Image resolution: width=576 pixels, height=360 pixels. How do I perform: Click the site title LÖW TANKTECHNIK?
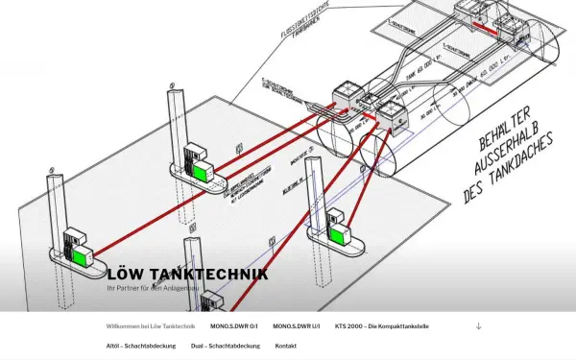click(188, 275)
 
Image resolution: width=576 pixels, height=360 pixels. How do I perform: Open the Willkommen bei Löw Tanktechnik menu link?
click(150, 326)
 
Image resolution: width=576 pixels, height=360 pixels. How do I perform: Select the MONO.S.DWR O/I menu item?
click(234, 326)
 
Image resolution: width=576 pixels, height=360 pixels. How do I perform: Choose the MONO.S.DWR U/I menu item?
click(297, 326)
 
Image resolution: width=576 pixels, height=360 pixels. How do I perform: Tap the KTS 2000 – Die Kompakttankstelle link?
click(381, 326)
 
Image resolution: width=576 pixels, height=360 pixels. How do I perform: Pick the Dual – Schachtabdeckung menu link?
click(226, 346)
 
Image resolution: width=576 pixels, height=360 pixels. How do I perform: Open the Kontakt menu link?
click(286, 346)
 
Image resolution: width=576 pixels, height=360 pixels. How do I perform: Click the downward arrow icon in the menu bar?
click(479, 326)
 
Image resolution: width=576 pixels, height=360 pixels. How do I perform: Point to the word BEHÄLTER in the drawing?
click(504, 121)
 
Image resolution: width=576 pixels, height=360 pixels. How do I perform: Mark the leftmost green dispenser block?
click(81, 253)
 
